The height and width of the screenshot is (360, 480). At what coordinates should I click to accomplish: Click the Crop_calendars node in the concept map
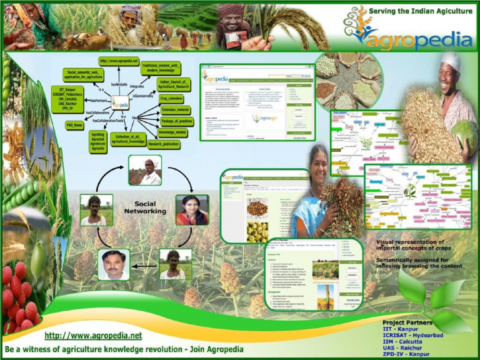171,98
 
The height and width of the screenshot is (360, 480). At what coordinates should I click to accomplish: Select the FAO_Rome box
75,125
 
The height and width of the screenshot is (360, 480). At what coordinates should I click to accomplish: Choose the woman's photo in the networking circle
192,209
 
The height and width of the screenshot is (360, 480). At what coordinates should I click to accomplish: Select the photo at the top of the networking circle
145,171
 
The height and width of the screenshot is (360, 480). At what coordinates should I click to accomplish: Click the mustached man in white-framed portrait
114,264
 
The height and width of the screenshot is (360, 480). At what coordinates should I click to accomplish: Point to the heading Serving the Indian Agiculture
421,11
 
